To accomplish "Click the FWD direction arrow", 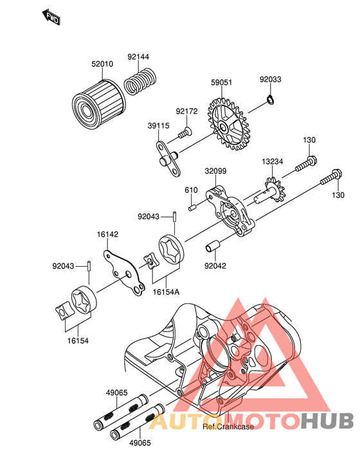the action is click(x=51, y=17).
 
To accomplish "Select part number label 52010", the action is click(x=102, y=64).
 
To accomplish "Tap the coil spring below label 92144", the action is click(x=139, y=81).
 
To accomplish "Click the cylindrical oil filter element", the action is click(x=99, y=102).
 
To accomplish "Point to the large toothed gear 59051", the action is click(x=228, y=124).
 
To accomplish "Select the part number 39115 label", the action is click(x=159, y=126).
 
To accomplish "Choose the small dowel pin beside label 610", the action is click(x=192, y=208).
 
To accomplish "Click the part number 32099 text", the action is click(x=216, y=171).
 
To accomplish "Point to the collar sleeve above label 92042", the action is click(x=212, y=246).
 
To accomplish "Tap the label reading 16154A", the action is click(x=166, y=292).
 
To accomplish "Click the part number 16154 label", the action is click(x=78, y=341).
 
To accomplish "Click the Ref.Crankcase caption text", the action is click(x=228, y=427).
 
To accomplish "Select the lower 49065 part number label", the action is click(x=139, y=443).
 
